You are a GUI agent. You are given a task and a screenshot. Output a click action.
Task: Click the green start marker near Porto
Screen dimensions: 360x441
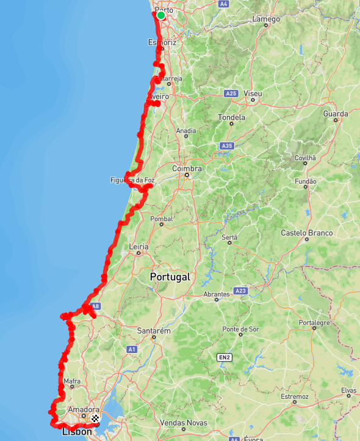(161, 15)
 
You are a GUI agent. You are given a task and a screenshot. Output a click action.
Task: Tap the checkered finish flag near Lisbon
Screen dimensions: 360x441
(95, 418)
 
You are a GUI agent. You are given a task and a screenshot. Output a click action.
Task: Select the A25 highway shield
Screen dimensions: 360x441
(231, 93)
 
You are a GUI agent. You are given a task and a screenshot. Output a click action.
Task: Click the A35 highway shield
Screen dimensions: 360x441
(227, 146)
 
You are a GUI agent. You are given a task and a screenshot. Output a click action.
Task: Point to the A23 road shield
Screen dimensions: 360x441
(240, 291)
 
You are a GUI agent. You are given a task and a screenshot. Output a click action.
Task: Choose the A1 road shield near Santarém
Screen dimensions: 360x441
(132, 349)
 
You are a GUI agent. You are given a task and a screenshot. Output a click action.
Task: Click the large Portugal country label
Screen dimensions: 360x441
(170, 277)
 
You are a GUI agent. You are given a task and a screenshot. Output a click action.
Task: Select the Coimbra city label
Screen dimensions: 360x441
(187, 169)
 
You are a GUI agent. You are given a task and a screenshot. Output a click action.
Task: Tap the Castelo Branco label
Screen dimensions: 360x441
(306, 233)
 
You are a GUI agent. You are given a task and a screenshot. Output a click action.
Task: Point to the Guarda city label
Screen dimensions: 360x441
(336, 114)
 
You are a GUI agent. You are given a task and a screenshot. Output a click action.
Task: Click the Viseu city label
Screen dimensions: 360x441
(253, 93)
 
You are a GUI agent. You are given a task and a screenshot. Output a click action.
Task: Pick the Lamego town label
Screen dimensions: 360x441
(266, 19)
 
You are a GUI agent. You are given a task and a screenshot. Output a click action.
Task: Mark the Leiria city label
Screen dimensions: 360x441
(139, 246)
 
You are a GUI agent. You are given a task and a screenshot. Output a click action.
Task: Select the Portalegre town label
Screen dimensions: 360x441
(314, 322)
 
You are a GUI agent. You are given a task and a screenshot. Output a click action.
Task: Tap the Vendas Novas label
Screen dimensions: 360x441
(183, 423)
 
